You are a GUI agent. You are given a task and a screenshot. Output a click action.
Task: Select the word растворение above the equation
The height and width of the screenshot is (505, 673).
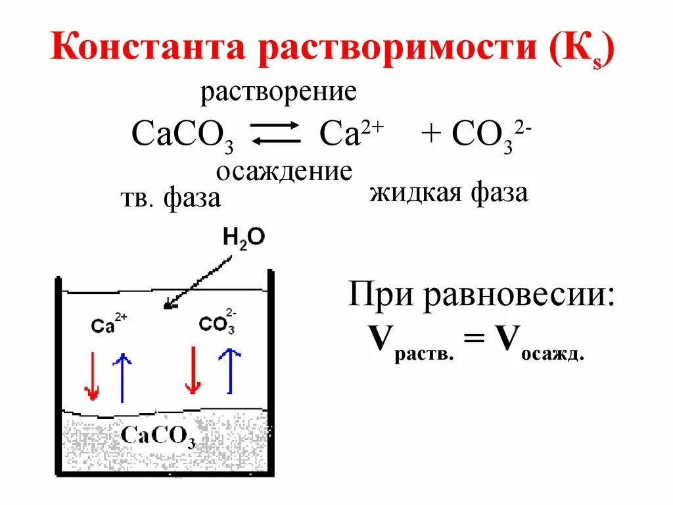pos(279,91)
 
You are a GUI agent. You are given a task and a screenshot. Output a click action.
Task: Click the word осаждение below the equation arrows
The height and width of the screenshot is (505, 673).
pos(284,172)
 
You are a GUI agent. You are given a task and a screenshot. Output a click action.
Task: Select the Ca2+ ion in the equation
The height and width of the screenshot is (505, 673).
pos(351,134)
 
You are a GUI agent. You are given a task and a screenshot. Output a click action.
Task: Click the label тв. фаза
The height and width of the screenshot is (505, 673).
pos(170,199)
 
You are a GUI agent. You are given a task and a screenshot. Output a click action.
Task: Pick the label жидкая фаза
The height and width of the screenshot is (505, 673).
pos(449,194)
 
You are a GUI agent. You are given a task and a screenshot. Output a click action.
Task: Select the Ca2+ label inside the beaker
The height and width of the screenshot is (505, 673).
pos(109,324)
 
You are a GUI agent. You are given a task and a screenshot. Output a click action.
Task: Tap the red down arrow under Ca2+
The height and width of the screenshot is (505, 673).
pos(92,376)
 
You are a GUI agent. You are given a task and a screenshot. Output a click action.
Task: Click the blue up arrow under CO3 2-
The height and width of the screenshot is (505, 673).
pos(229,371)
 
